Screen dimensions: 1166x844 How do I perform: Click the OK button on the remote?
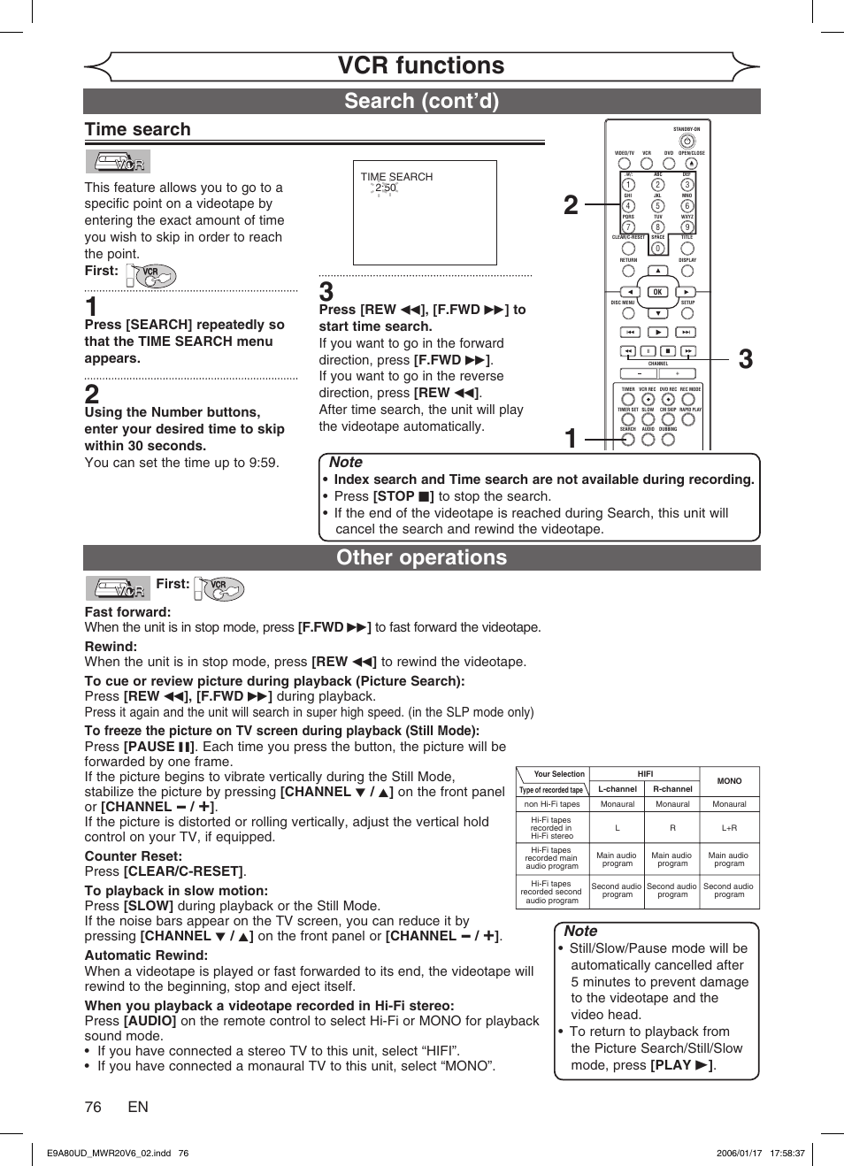[657, 292]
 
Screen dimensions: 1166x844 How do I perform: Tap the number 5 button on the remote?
[657, 206]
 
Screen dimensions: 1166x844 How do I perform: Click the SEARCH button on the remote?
[628, 440]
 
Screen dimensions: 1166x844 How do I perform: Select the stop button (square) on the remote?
[668, 352]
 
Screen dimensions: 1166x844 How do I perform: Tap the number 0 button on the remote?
[657, 249]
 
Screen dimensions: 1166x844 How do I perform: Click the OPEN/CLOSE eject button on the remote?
[692, 164]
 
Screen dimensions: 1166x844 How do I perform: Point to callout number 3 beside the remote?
[746, 359]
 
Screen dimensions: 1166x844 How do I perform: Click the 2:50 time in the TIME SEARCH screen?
[385, 188]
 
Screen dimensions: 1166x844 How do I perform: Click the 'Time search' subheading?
[138, 129]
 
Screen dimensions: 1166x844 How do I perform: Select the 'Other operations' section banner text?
[421, 557]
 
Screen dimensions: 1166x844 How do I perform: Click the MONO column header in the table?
[729, 781]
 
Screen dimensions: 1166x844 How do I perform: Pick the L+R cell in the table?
[729, 828]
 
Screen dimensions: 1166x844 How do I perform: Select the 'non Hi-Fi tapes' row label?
[552, 804]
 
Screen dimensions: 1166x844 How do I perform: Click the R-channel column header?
[672, 789]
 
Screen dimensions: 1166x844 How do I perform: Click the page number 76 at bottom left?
[93, 1107]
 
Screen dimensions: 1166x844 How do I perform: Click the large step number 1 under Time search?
[92, 307]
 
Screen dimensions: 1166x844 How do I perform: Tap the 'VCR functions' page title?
[421, 65]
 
